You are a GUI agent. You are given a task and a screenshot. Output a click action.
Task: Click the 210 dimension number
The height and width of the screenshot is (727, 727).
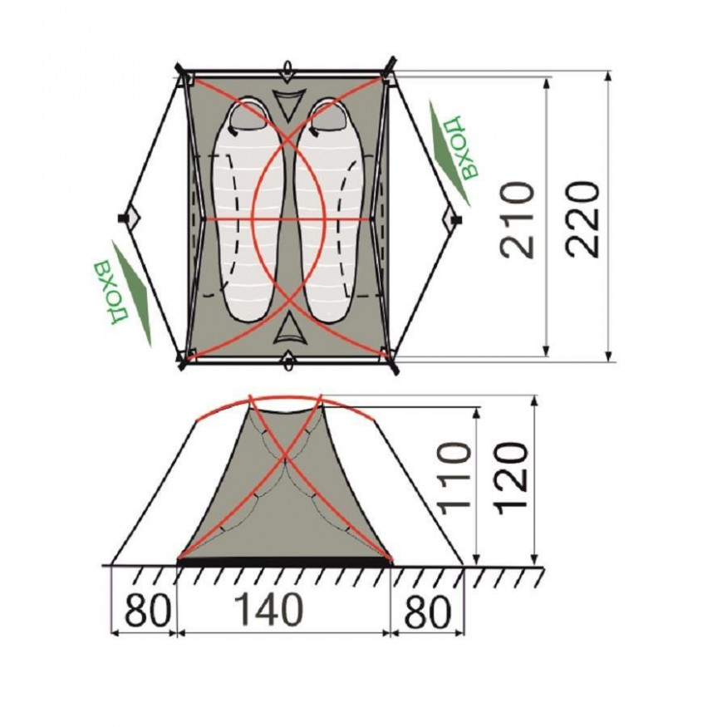[518, 219]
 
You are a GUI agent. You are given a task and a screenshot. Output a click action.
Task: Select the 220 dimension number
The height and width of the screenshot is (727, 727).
[582, 219]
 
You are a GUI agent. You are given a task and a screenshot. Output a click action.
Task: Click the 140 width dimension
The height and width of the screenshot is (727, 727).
[269, 609]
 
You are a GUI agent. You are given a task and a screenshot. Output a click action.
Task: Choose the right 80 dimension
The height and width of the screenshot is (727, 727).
[428, 611]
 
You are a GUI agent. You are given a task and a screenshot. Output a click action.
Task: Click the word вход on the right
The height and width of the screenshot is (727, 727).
[460, 147]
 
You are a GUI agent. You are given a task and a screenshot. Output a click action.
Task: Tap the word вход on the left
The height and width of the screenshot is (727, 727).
[111, 293]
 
